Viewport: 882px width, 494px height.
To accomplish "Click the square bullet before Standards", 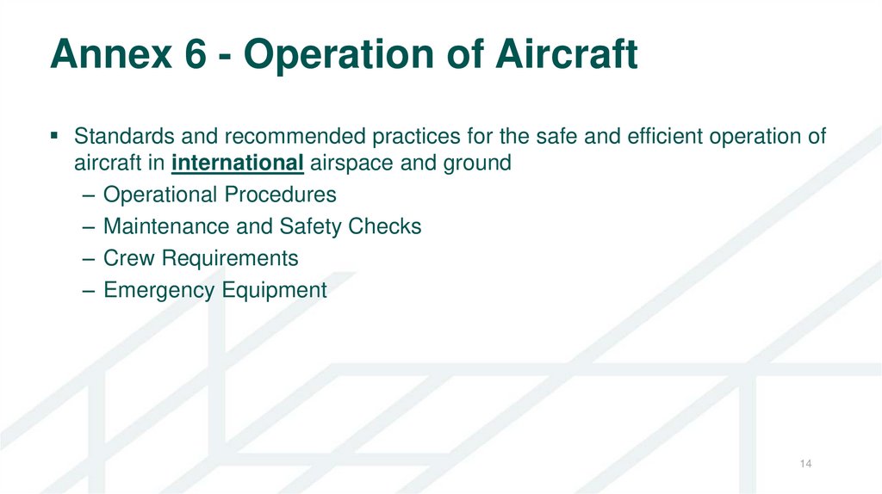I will point(54,135).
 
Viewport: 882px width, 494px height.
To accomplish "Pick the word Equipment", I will point(274,290).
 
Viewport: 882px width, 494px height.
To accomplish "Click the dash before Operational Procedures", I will point(90,195).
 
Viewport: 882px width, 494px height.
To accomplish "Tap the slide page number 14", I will point(805,465).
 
